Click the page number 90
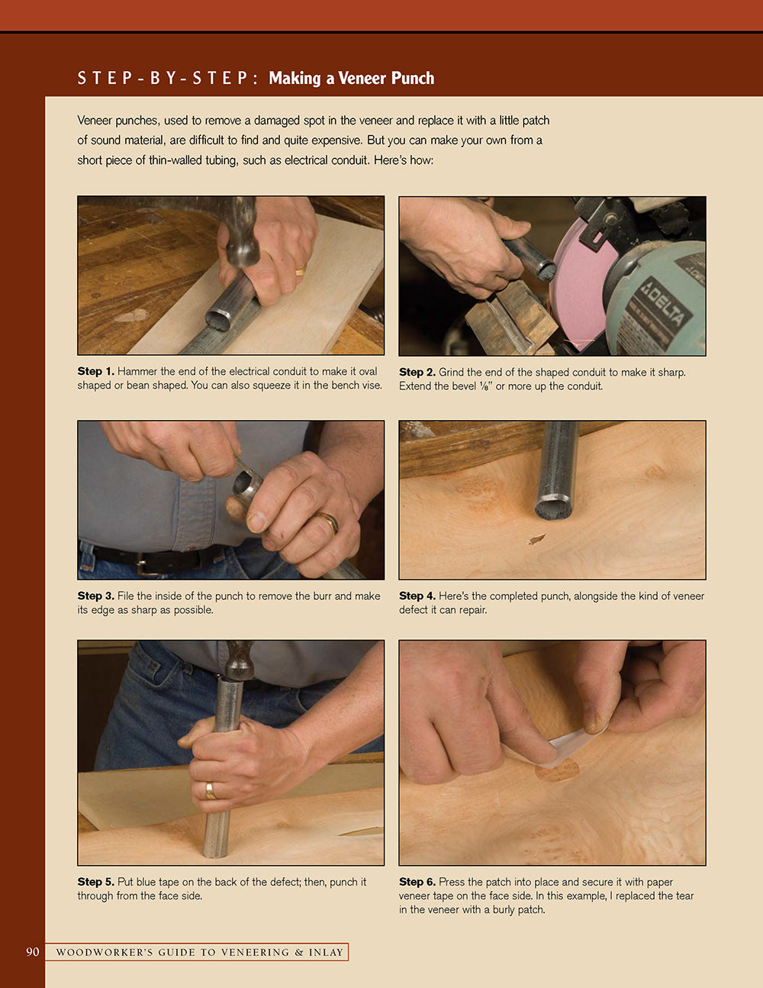(33, 951)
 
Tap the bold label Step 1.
(95, 371)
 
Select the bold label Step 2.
(417, 372)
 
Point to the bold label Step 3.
(95, 596)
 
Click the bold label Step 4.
(417, 596)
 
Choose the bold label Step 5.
(95, 881)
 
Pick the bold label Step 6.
(417, 881)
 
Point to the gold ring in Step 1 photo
(301, 269)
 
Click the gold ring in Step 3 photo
(329, 522)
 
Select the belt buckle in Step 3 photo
(145, 565)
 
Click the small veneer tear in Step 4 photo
(537, 539)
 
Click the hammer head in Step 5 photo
(239, 661)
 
